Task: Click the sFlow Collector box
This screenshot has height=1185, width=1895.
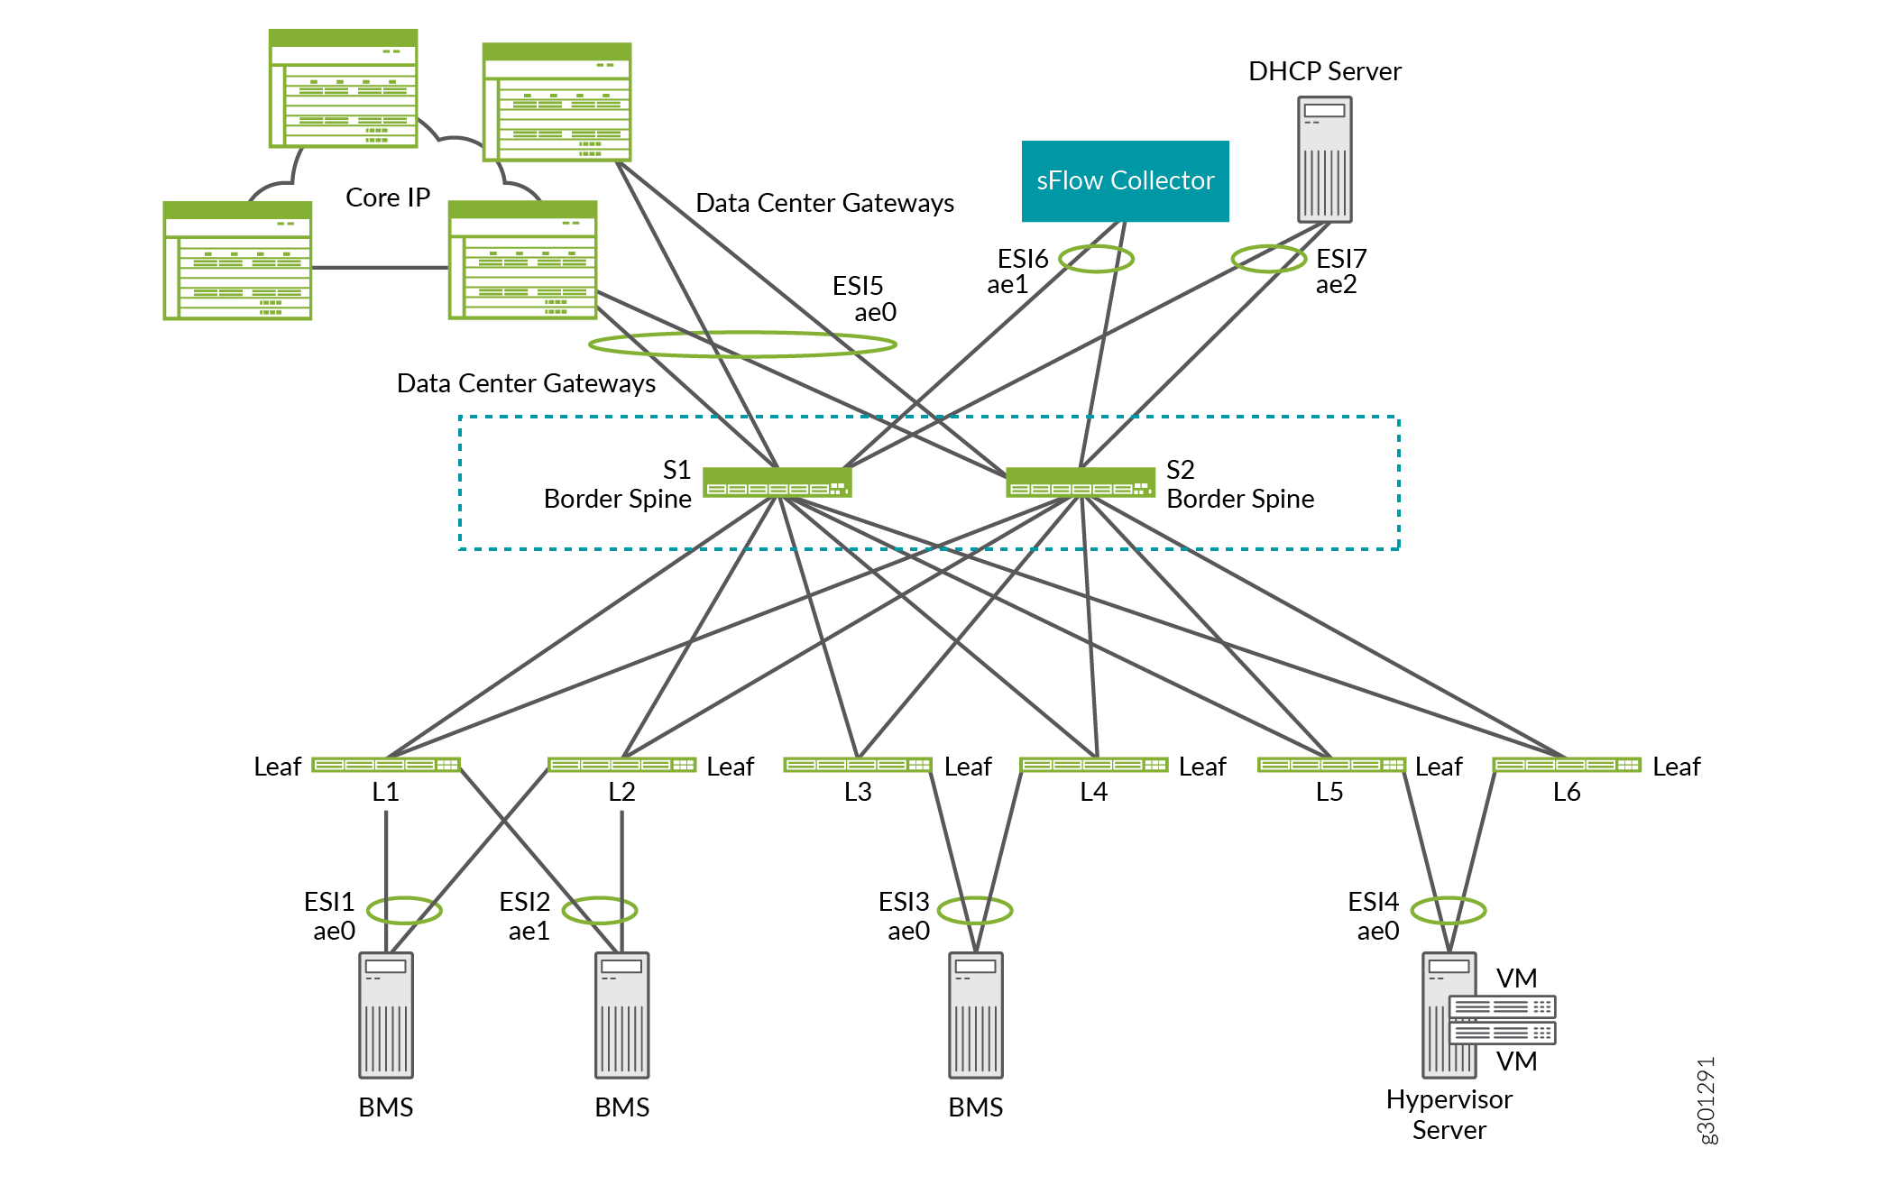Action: click(x=1125, y=181)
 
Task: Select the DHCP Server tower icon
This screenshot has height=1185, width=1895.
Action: click(x=1324, y=160)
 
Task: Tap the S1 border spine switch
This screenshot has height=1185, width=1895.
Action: click(x=777, y=482)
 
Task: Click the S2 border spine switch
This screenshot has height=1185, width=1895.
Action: click(x=1080, y=482)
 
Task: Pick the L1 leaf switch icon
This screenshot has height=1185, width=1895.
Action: click(x=386, y=766)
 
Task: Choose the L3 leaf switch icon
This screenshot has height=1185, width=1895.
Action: click(x=858, y=766)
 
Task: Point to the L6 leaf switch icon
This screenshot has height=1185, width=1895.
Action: click(x=1567, y=766)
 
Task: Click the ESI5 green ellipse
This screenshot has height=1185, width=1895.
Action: click(x=742, y=344)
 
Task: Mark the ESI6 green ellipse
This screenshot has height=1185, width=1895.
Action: click(x=1096, y=259)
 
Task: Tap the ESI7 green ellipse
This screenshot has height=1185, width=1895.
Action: click(x=1268, y=259)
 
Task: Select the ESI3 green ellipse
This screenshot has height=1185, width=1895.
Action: click(x=975, y=910)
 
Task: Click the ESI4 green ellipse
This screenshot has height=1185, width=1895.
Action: click(x=1448, y=910)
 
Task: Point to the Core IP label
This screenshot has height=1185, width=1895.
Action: click(x=388, y=197)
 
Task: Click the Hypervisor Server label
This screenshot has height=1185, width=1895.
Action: click(x=1449, y=1115)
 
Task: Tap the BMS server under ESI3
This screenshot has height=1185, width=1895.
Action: click(x=976, y=1015)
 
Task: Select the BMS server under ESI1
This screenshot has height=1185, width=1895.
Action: click(x=386, y=1015)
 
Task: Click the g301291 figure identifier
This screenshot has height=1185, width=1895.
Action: click(x=1706, y=1100)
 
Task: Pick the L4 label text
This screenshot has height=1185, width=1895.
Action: click(x=1094, y=792)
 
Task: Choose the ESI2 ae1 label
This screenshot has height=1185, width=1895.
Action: click(x=526, y=915)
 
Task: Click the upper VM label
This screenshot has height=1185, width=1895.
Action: click(x=1516, y=978)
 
